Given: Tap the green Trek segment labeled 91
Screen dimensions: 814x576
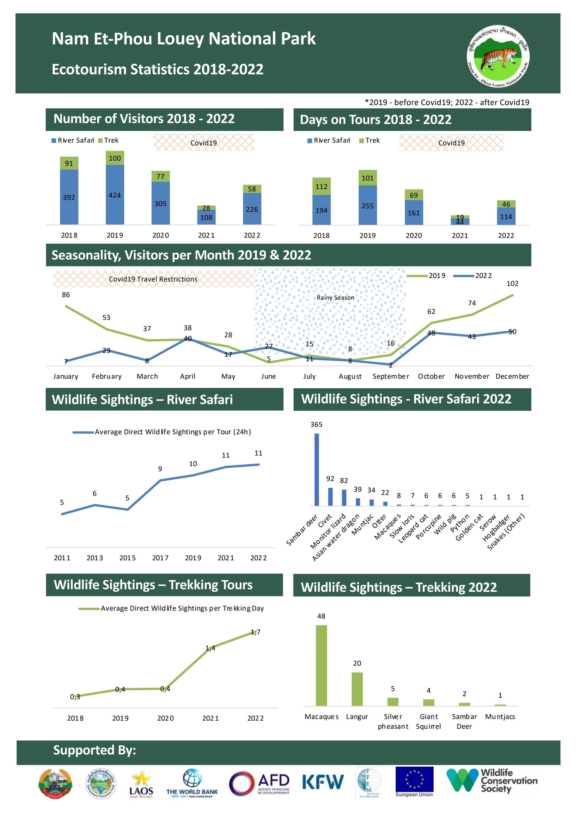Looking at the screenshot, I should (69, 163).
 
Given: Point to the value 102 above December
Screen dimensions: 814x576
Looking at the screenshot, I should (512, 284).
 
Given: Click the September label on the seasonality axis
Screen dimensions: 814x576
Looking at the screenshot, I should (391, 376).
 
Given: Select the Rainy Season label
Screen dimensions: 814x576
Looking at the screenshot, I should (335, 298).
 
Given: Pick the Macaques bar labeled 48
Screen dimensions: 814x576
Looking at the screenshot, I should (321, 665).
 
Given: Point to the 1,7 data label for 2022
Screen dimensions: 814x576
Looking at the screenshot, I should (255, 632).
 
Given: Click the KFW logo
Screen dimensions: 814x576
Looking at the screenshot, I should (323, 782).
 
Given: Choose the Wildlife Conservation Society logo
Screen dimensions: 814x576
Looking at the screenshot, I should (491, 781).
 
